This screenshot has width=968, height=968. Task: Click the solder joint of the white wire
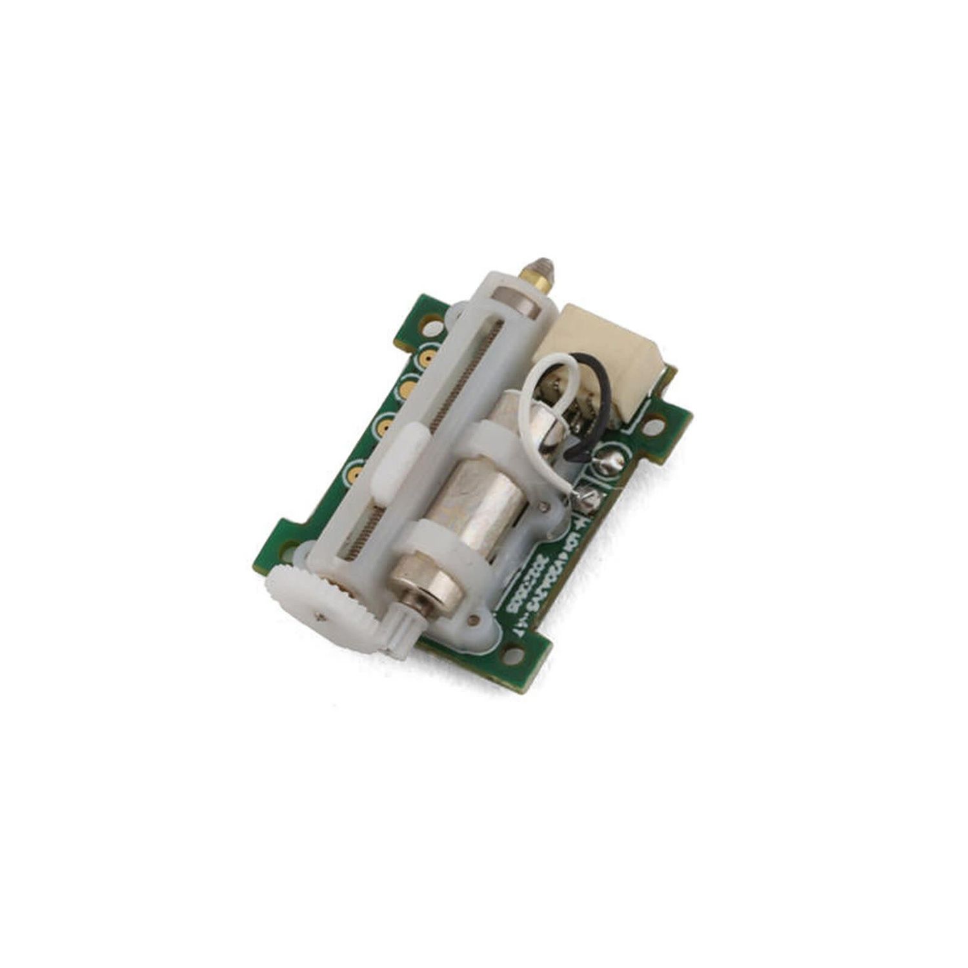589,496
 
